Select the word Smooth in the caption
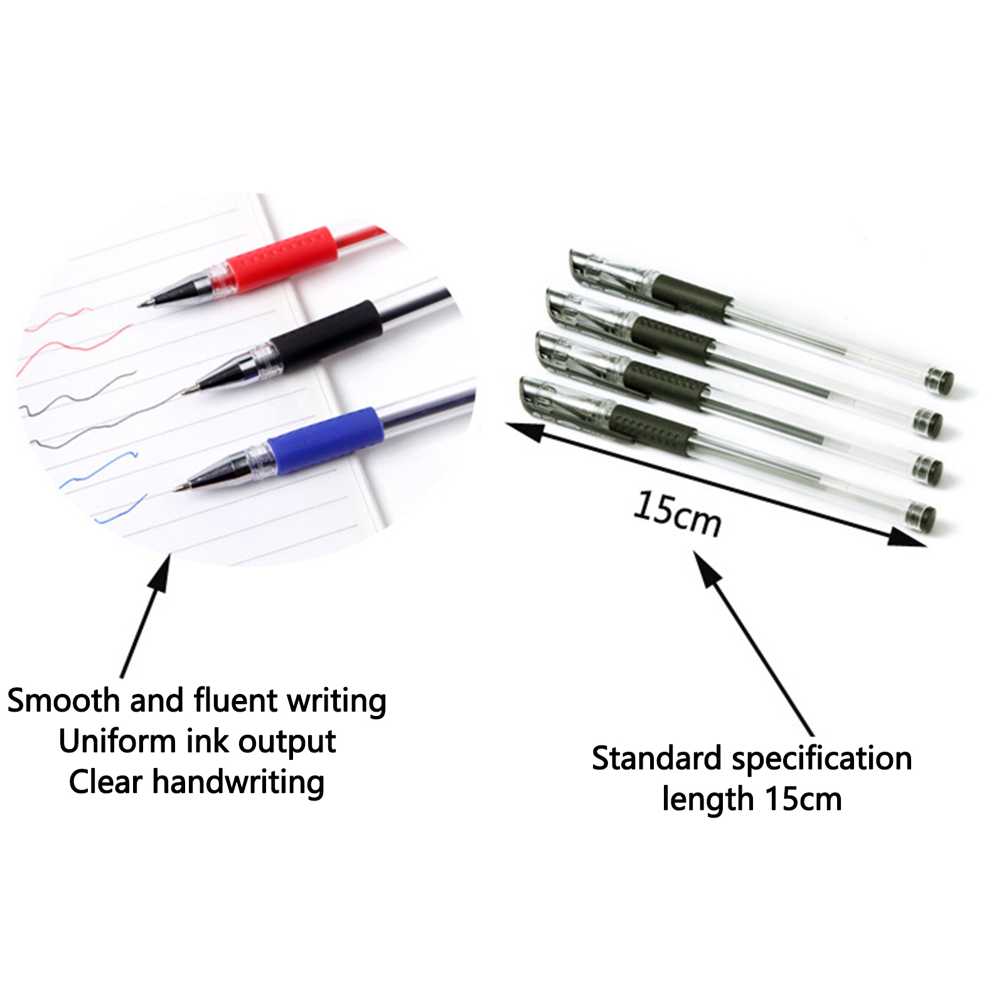63,700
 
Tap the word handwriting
238,783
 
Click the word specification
822,759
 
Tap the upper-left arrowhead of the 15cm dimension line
525,430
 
